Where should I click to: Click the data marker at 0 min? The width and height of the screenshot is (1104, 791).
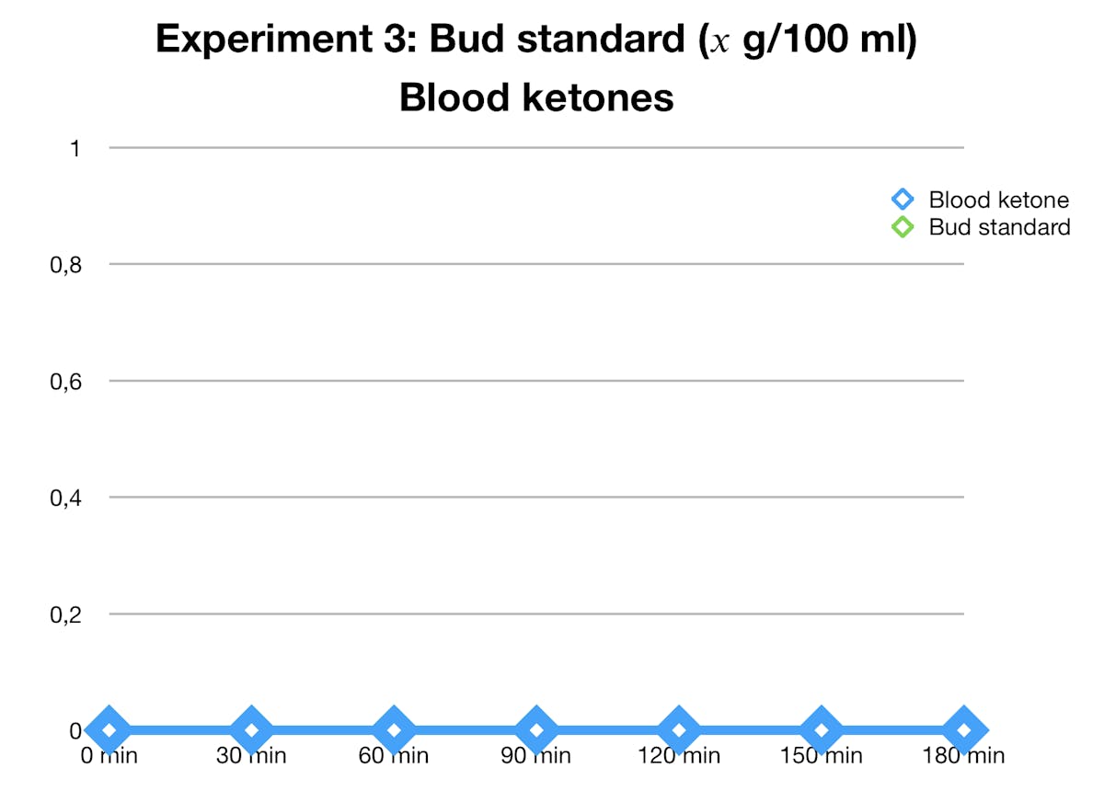[x=109, y=730]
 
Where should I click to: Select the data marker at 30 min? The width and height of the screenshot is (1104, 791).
[x=251, y=730]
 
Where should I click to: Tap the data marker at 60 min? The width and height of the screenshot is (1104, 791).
[x=394, y=730]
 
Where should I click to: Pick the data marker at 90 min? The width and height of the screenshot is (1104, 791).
[x=536, y=730]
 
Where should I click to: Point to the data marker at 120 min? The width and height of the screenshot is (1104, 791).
[x=679, y=730]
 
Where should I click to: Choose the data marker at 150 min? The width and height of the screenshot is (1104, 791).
[x=822, y=730]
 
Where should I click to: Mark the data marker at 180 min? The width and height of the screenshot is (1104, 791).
[x=964, y=730]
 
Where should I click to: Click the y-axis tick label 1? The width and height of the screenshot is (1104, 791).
[x=75, y=147]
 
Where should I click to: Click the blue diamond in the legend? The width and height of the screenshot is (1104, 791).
[x=903, y=200]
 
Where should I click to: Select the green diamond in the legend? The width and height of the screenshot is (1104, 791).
[x=903, y=226]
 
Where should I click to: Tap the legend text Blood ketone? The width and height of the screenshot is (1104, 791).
[x=998, y=200]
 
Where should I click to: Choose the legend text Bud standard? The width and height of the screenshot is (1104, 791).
[x=999, y=226]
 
